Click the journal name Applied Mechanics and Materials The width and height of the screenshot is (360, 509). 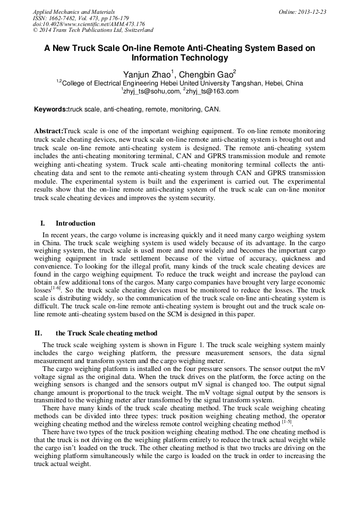tap(74, 12)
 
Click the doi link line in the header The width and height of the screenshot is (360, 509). tap(89, 24)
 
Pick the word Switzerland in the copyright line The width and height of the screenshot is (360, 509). tap(136, 31)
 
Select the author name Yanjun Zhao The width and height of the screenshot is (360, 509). tap(146, 74)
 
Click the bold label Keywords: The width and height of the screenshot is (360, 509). tap(51, 109)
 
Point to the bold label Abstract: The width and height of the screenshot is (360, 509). tap(48, 131)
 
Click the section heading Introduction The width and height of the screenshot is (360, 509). tap(75, 223)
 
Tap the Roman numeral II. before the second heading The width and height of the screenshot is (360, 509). tap(38, 333)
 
